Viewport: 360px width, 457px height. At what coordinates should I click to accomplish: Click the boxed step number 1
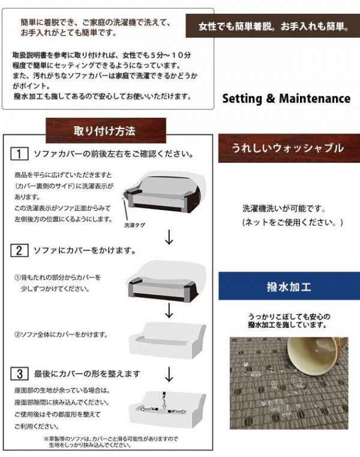(19, 154)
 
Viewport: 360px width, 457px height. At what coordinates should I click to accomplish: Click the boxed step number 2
(19, 250)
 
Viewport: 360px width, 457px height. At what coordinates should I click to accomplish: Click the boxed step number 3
(19, 374)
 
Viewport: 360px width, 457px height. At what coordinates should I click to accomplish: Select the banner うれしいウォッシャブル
(289, 148)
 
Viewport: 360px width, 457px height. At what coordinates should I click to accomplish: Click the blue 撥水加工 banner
(289, 286)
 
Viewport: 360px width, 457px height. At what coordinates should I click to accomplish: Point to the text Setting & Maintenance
(286, 98)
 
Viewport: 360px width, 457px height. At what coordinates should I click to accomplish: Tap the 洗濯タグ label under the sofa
(134, 225)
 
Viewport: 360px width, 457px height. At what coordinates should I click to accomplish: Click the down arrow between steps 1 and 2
(169, 237)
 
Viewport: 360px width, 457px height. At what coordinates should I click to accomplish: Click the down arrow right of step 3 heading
(169, 374)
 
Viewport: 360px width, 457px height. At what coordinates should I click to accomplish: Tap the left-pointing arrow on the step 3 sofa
(149, 409)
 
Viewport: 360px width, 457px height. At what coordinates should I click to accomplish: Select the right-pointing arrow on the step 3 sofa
(177, 411)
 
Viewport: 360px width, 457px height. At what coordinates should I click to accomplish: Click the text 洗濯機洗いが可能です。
(284, 208)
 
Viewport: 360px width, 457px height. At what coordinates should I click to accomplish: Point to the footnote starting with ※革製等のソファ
(111, 442)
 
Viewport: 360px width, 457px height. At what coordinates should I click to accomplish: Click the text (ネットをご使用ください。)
(293, 222)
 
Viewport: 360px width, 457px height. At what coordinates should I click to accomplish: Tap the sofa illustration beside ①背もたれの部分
(166, 280)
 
